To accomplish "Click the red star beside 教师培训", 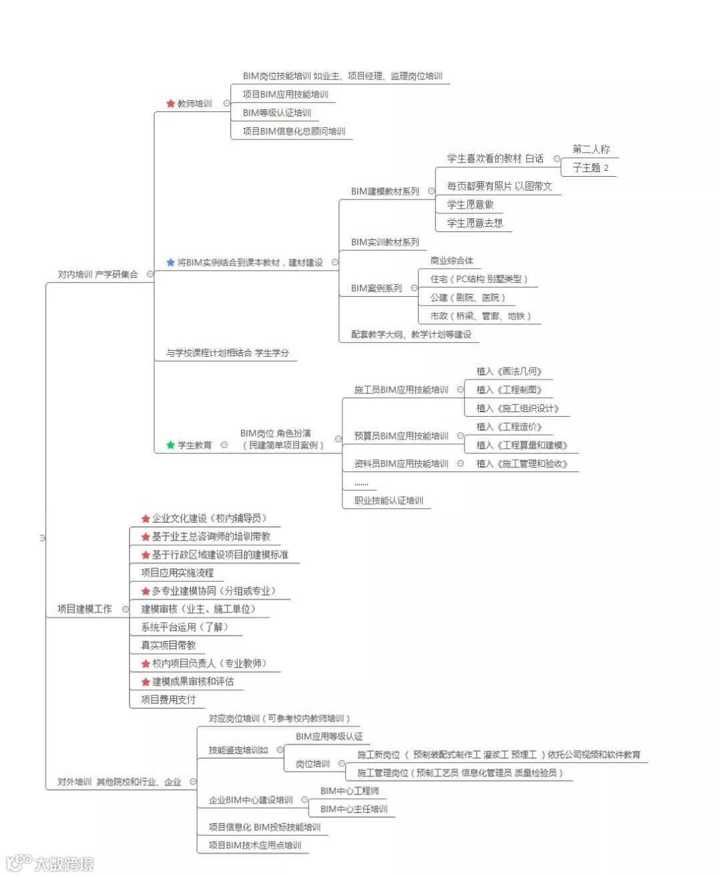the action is click(x=170, y=103).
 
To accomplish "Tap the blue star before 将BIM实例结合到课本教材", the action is click(x=170, y=263).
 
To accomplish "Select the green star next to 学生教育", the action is click(x=170, y=445).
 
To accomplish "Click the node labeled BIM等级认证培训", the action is click(x=276, y=113).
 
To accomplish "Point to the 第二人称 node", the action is click(x=591, y=149).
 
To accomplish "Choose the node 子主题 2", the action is click(x=590, y=168).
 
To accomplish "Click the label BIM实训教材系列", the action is click(x=385, y=242).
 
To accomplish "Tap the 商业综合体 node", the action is click(x=451, y=261).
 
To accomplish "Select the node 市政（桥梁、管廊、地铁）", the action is click(x=480, y=316).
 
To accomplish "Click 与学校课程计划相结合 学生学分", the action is click(x=227, y=353).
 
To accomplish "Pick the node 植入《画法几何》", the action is click(x=509, y=371).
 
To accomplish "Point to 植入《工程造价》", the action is click(x=509, y=427).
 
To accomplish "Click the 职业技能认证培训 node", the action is click(x=389, y=501).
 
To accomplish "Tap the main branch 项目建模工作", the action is click(x=84, y=609).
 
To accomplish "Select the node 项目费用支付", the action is click(x=168, y=700).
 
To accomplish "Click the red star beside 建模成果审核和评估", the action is click(x=146, y=682).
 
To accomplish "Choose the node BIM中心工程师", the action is click(x=349, y=791).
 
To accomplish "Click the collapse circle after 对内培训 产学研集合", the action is click(x=150, y=274).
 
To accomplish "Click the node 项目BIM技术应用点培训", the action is click(x=254, y=846).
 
